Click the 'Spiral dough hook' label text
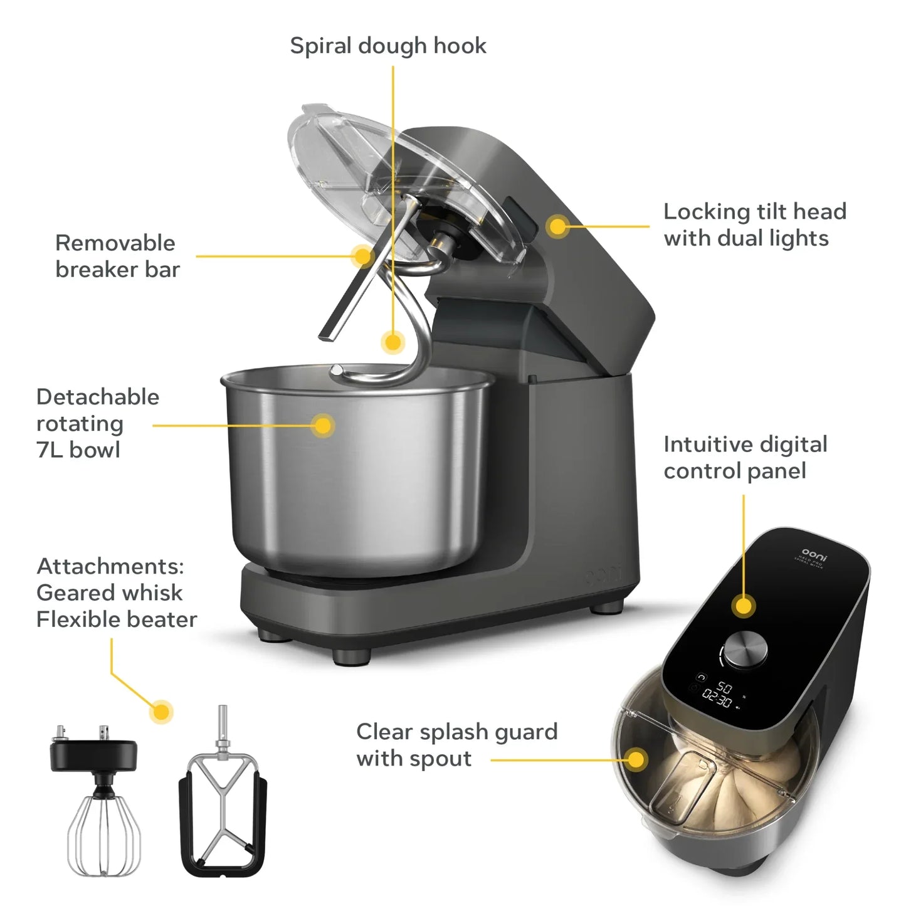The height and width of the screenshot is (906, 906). pyautogui.click(x=387, y=46)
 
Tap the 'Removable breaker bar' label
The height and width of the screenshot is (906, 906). pyautogui.click(x=117, y=256)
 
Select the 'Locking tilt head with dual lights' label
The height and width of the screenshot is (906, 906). pyautogui.click(x=755, y=224)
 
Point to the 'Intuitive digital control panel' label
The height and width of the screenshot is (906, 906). pyautogui.click(x=745, y=457)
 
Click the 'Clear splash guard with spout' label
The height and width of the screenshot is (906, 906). pyautogui.click(x=456, y=745)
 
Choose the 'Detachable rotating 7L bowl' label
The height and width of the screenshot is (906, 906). pyautogui.click(x=97, y=423)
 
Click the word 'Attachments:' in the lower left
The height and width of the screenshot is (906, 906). pyautogui.click(x=110, y=566)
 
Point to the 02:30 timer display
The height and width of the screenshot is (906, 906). pyautogui.click(x=717, y=698)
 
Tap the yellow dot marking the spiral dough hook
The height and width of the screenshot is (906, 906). pyautogui.click(x=393, y=342)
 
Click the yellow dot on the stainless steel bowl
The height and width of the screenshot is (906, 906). pyautogui.click(x=323, y=426)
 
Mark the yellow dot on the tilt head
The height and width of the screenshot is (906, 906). pyautogui.click(x=557, y=226)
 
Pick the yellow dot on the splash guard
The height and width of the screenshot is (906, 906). pyautogui.click(x=636, y=759)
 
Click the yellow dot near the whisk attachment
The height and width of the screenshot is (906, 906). pyautogui.click(x=162, y=712)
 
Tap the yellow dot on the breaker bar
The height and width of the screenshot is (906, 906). pyautogui.click(x=362, y=255)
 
